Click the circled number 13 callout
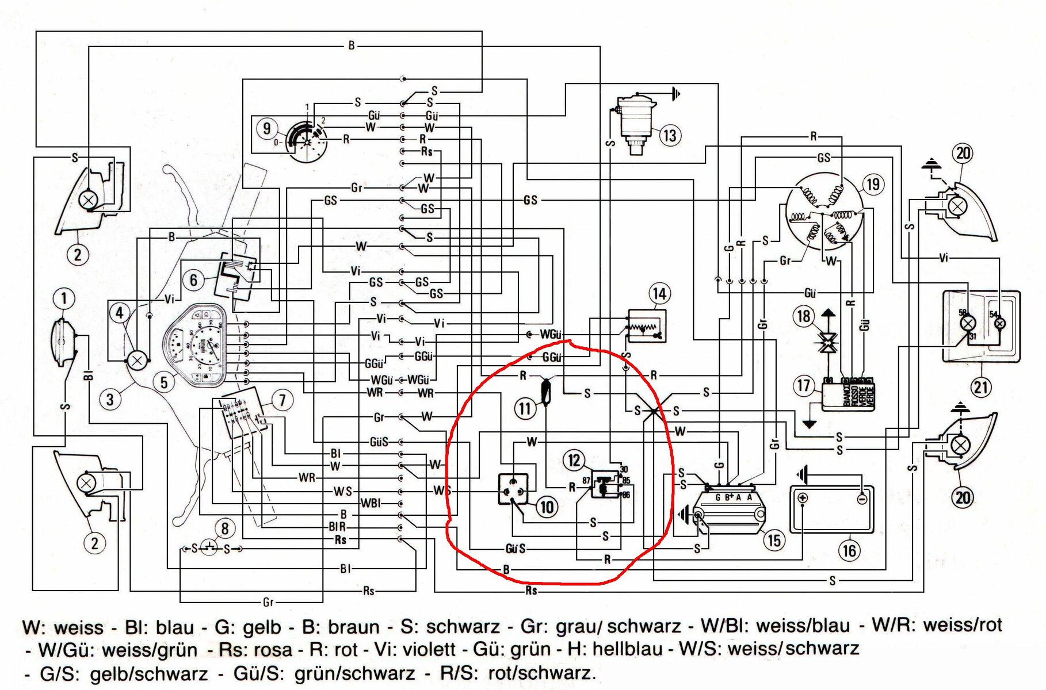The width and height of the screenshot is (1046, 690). click(x=670, y=136)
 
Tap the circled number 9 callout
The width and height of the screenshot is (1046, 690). click(x=266, y=128)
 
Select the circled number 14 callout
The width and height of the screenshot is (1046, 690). click(x=659, y=294)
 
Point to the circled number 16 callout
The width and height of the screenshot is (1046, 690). click(x=849, y=551)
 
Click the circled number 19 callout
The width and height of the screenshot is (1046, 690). click(x=873, y=185)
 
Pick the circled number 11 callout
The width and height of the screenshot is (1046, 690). click(x=525, y=409)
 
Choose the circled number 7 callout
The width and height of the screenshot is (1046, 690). click(x=282, y=400)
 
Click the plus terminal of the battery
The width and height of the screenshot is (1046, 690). click(x=803, y=498)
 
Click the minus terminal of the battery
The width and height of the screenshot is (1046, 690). click(x=861, y=499)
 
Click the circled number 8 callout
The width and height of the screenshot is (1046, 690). click(x=225, y=528)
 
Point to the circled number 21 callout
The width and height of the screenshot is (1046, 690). click(x=981, y=387)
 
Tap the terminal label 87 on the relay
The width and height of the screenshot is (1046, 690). click(x=586, y=481)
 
